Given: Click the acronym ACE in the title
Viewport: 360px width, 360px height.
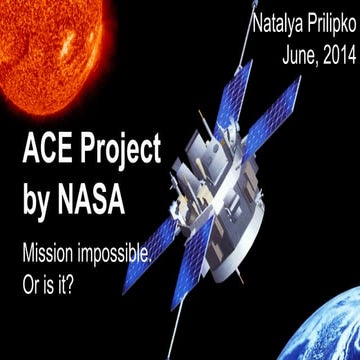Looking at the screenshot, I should click(x=48, y=153).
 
